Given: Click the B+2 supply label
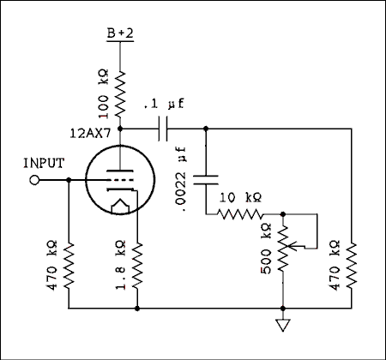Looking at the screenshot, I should coord(119,33).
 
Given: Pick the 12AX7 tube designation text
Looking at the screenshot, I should coord(92,134).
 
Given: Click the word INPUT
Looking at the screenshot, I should coord(43,163).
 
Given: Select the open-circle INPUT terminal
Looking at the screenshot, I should coord(35,180).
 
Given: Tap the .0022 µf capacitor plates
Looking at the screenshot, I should coord(206,180).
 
